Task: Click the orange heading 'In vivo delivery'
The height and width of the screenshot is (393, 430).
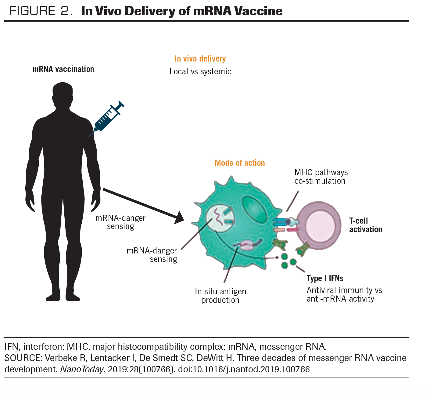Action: click(x=200, y=59)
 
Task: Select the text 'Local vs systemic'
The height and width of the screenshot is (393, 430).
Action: click(x=200, y=72)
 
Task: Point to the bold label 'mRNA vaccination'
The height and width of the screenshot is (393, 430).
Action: click(x=63, y=69)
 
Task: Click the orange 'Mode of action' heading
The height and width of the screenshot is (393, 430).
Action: click(x=240, y=163)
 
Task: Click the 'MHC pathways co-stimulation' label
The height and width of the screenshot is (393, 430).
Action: click(x=321, y=177)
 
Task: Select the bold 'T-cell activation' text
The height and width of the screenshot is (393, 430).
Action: click(x=365, y=225)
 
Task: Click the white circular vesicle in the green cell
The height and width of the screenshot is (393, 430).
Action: click(x=220, y=218)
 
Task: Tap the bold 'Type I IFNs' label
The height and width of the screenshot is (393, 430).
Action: click(x=325, y=278)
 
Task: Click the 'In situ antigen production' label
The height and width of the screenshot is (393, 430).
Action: click(x=220, y=296)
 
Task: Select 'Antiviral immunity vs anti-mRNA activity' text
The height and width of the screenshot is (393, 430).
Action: click(x=344, y=295)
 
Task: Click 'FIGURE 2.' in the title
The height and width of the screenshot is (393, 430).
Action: click(x=41, y=11)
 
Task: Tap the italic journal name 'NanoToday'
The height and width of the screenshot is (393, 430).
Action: click(x=82, y=369)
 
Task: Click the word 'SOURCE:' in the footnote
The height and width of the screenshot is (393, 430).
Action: click(x=23, y=358)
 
